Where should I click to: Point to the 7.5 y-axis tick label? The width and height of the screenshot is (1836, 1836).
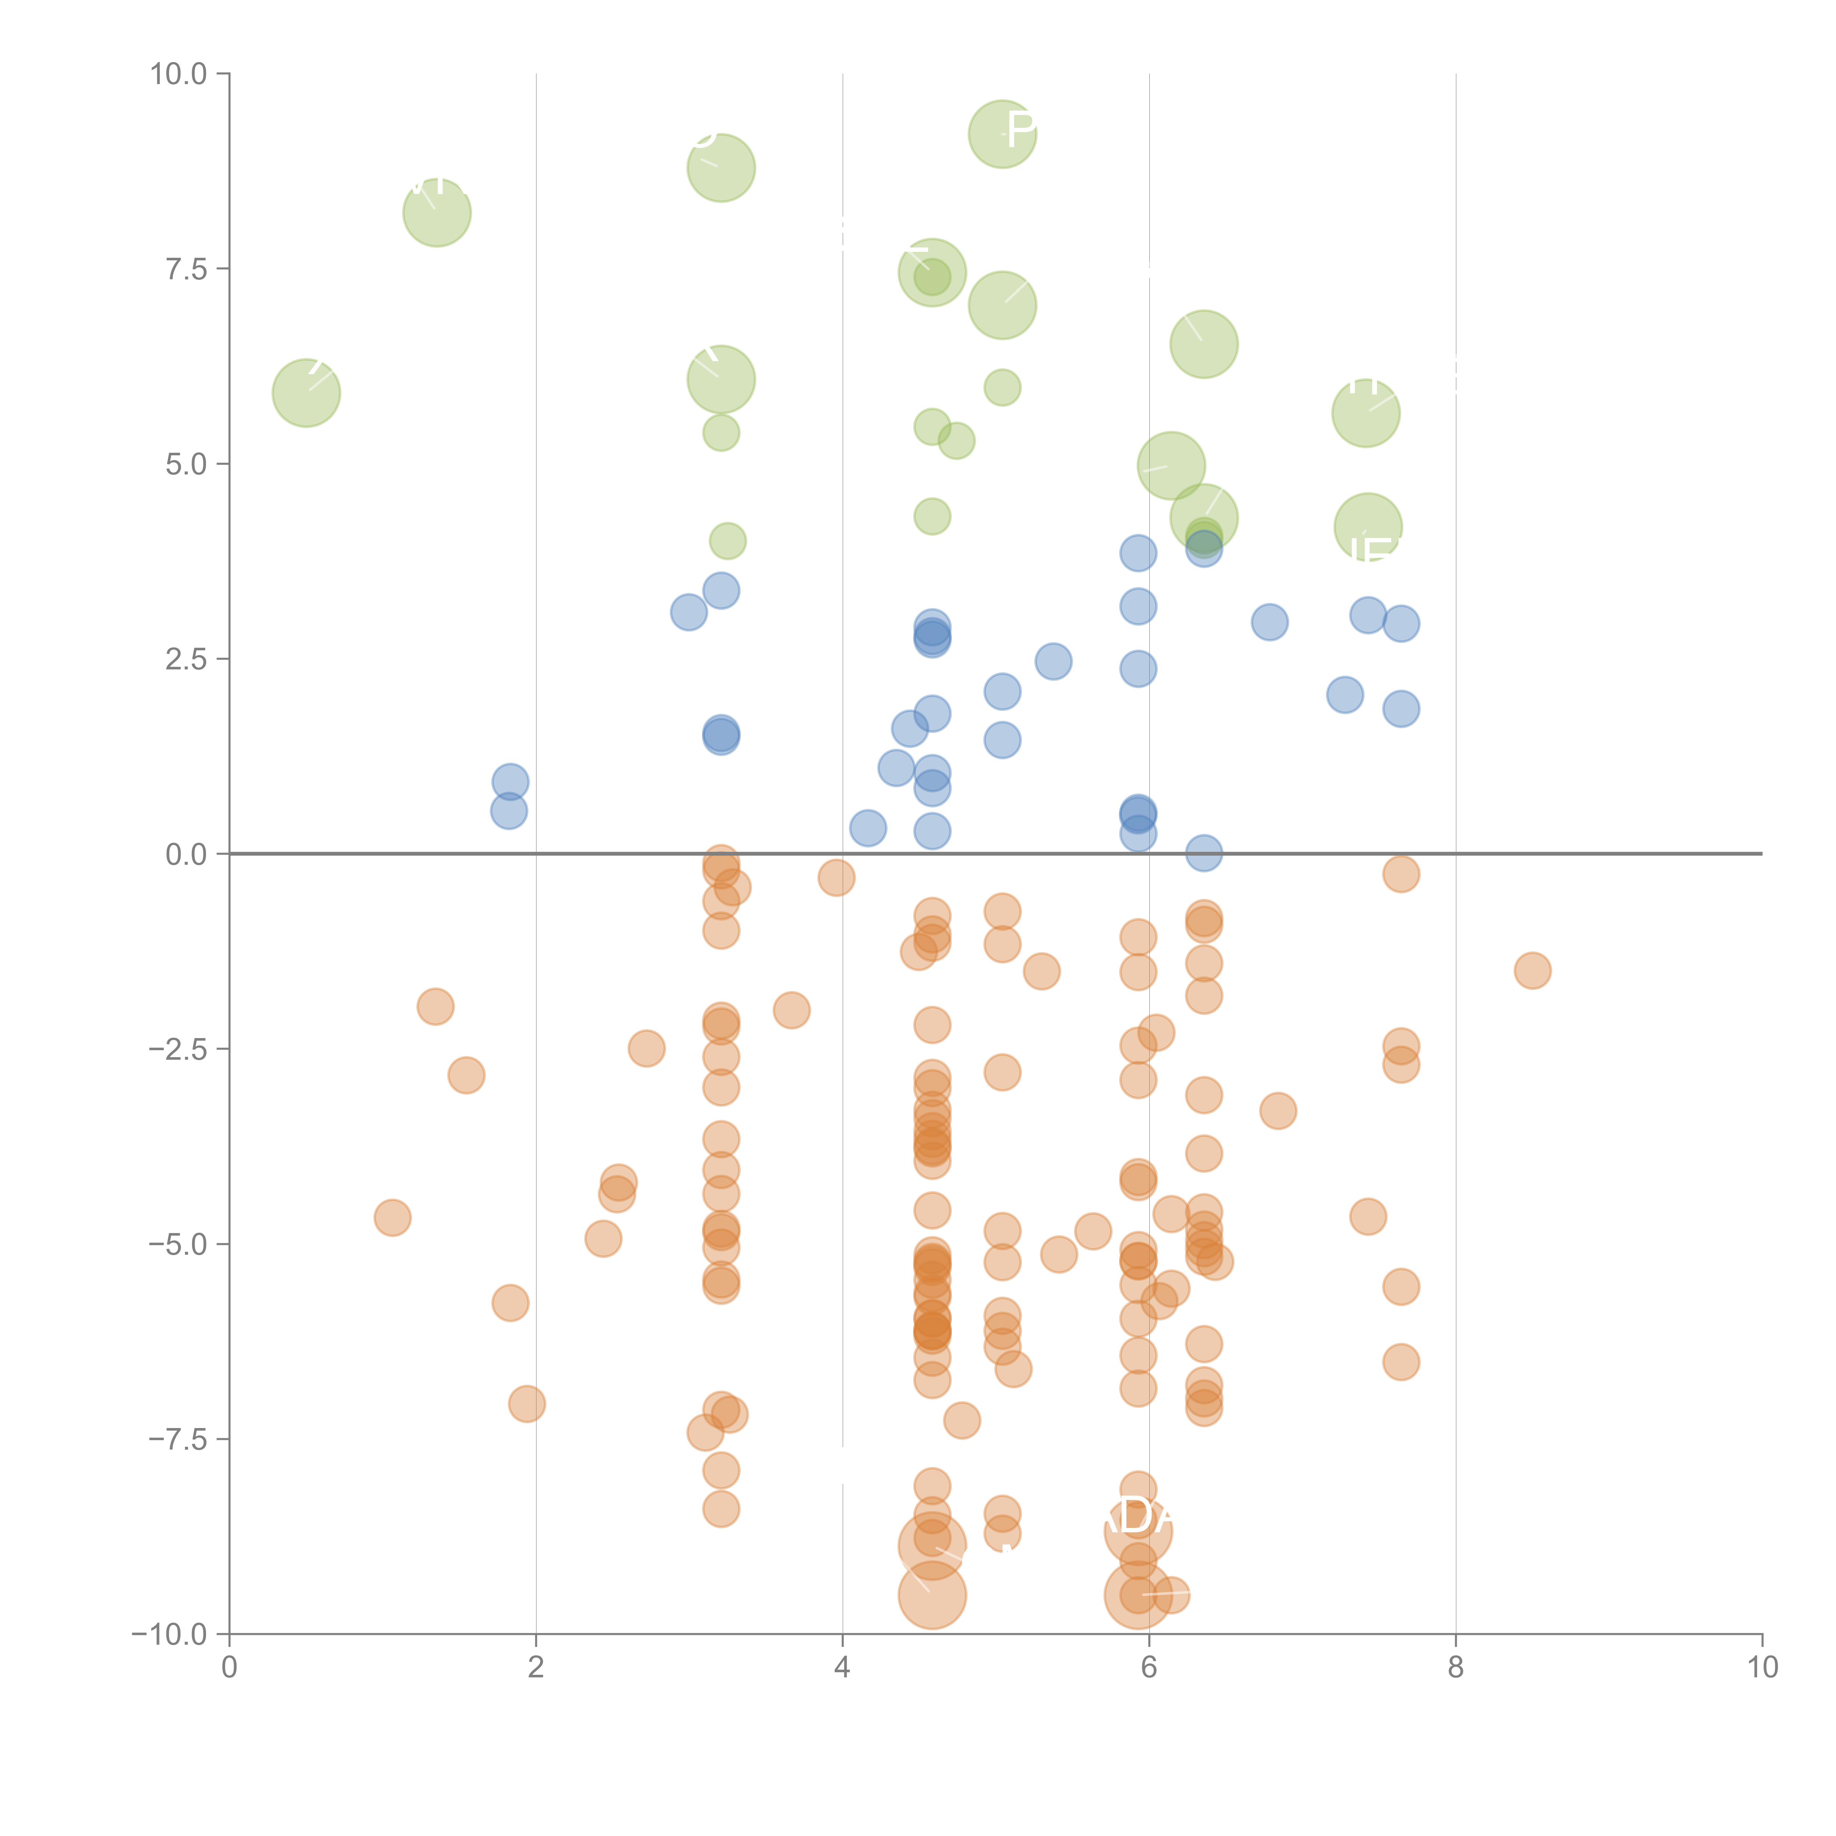click(186, 269)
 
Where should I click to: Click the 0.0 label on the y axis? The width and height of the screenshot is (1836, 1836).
click(186, 854)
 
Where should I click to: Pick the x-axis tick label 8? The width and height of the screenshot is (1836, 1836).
click(1455, 1668)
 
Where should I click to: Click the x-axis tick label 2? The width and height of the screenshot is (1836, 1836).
click(536, 1668)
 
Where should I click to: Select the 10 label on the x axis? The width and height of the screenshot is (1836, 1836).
click(1762, 1668)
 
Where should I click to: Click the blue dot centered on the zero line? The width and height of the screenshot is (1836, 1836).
click(1203, 852)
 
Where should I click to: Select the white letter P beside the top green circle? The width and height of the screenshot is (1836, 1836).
click(1022, 129)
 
